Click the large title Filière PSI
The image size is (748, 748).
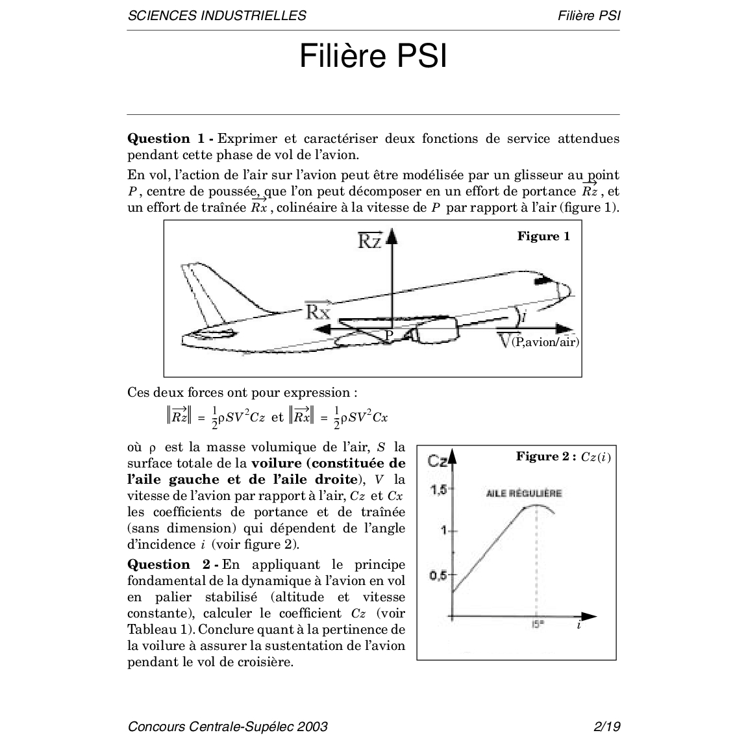(x=373, y=56)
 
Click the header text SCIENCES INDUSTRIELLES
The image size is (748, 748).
(x=217, y=16)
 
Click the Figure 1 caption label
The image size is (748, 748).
(x=543, y=236)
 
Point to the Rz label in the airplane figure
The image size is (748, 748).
(x=370, y=242)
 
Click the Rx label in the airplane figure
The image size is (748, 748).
(x=318, y=311)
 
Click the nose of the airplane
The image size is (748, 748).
(x=564, y=290)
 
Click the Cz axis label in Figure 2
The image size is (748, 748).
(x=438, y=461)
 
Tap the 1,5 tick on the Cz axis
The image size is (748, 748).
(x=439, y=490)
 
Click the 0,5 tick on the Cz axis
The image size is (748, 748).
(x=439, y=575)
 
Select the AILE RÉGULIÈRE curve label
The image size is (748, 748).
(x=524, y=493)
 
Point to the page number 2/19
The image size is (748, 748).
(x=607, y=726)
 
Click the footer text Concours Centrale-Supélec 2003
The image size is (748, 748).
(x=228, y=726)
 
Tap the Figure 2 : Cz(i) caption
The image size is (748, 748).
(x=563, y=456)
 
